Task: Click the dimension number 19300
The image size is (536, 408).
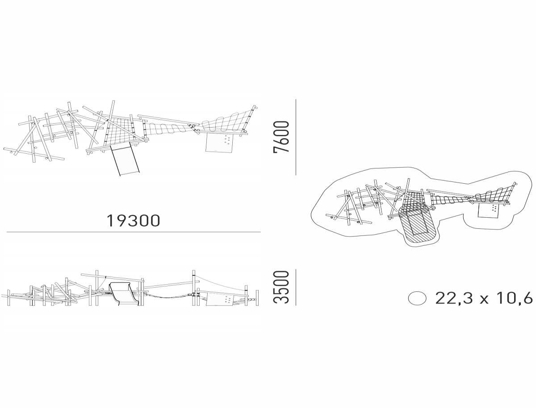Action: tap(133, 220)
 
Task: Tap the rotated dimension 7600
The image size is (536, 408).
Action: tap(281, 137)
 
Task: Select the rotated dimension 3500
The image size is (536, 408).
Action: tap(281, 287)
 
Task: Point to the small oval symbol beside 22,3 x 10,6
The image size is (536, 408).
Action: tap(417, 299)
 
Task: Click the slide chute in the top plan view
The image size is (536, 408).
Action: tap(125, 160)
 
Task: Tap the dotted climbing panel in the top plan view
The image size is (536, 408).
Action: tap(219, 143)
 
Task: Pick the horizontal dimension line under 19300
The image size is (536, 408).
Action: tap(134, 231)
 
